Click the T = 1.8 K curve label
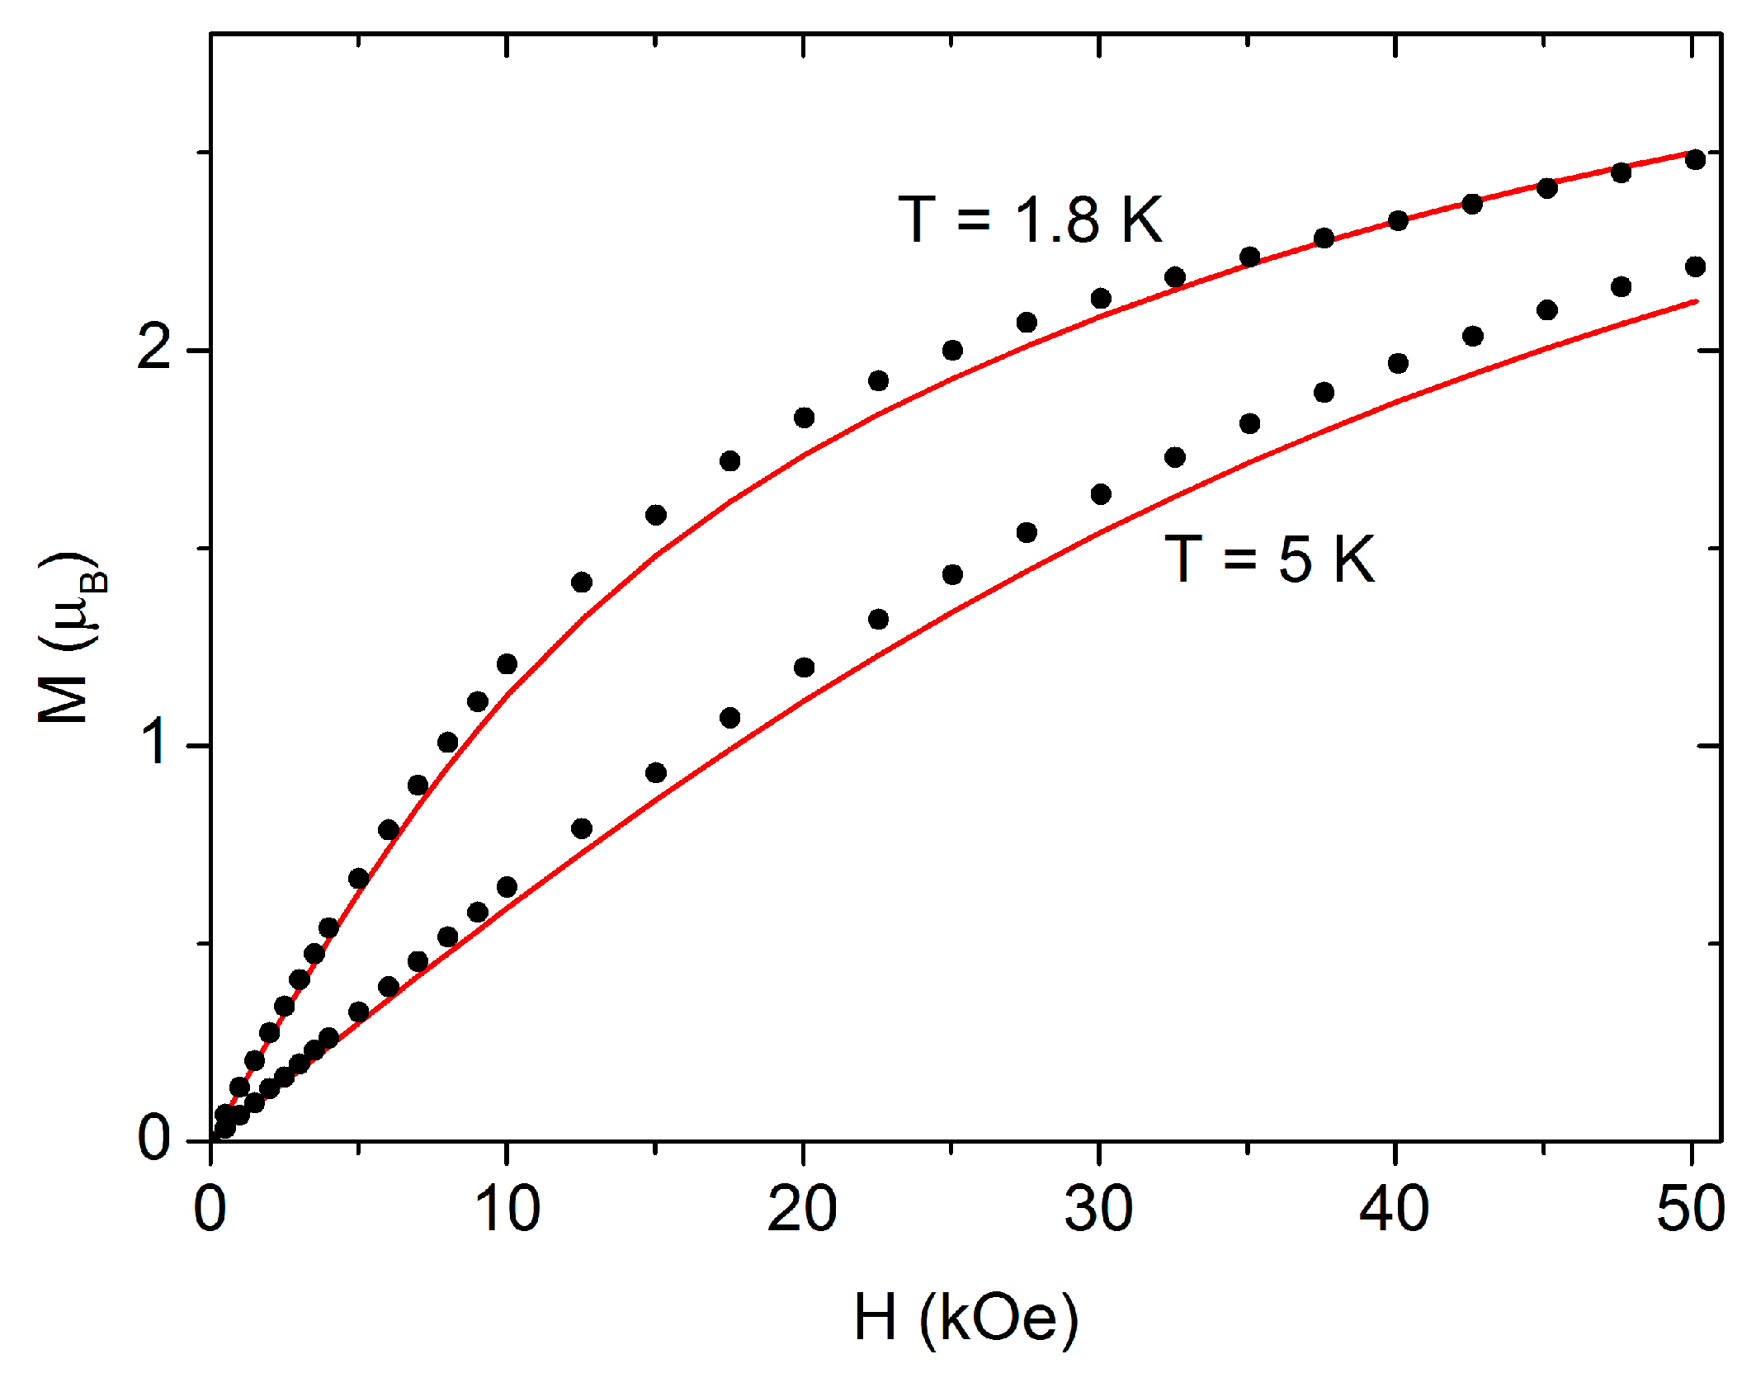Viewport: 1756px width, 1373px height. (1030, 220)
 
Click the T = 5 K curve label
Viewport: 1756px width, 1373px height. (1269, 559)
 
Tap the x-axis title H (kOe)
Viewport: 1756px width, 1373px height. (965, 1318)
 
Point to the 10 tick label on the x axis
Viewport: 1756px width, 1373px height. (507, 1210)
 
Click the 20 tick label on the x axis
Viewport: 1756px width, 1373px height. (802, 1210)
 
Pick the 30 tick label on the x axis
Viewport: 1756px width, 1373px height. (1098, 1210)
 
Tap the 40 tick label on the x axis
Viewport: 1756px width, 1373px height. (1395, 1210)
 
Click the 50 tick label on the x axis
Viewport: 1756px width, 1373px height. (1691, 1210)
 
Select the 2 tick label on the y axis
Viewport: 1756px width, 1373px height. (154, 348)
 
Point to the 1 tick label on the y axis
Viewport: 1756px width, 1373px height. (154, 743)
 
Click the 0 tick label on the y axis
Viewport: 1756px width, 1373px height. (154, 1139)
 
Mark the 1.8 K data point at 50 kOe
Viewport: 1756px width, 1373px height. (1695, 159)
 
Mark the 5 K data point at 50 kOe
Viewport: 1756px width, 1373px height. (1695, 267)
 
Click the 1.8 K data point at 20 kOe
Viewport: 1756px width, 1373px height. (804, 418)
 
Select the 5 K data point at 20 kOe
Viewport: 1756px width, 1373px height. (804, 668)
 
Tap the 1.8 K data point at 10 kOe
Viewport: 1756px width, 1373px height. (507, 664)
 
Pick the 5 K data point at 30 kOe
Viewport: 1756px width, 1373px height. (1101, 494)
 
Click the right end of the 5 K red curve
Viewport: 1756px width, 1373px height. (1695, 302)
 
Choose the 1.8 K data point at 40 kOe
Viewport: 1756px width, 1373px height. (1398, 220)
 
